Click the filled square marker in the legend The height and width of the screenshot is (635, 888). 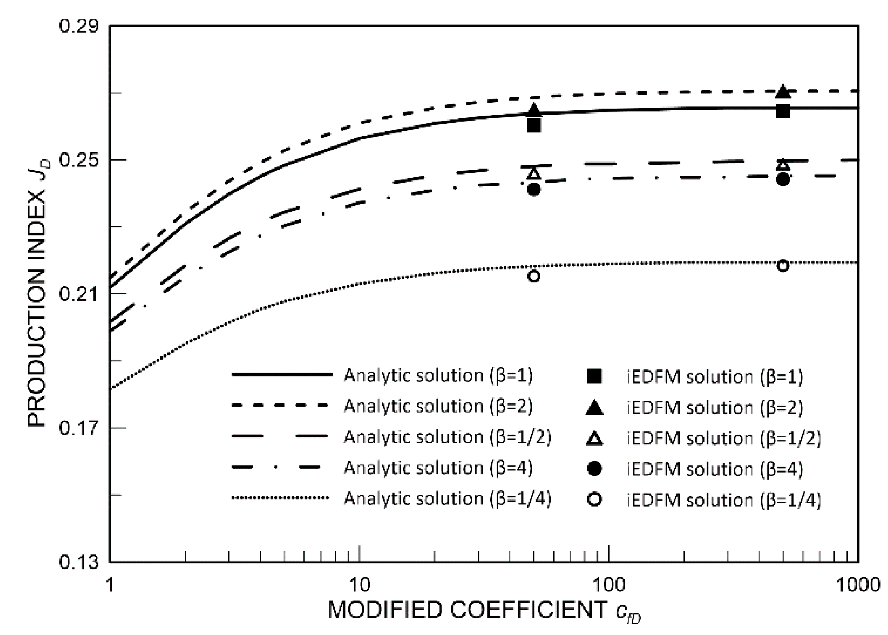595,376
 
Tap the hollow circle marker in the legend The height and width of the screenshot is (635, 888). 595,500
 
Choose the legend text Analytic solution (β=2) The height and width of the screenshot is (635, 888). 438,406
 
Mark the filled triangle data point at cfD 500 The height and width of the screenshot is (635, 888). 783,92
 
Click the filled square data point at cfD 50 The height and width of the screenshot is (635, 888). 534,126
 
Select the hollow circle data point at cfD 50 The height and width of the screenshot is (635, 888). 534,276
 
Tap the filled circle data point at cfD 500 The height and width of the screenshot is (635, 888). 783,180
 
